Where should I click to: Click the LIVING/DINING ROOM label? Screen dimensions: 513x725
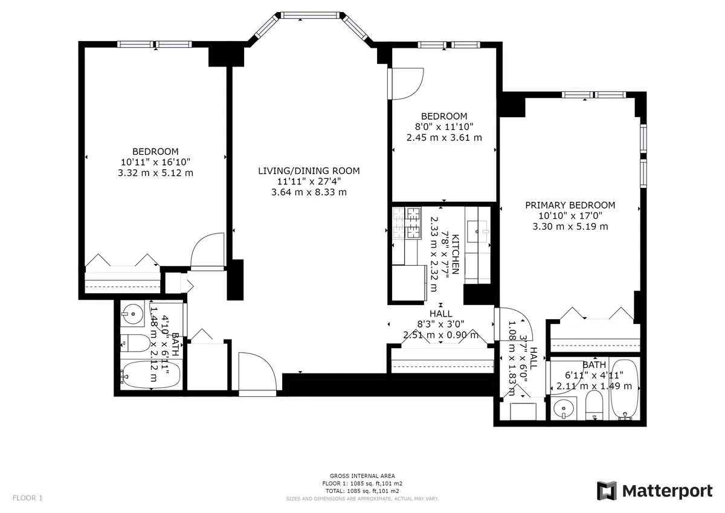tap(309, 171)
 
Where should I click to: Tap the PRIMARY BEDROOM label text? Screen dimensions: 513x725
tap(570, 205)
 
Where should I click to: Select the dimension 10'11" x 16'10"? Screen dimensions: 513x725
tap(156, 162)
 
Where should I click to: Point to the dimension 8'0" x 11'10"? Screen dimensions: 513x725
tap(444, 127)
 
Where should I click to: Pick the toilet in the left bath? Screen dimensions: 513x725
tap(136, 344)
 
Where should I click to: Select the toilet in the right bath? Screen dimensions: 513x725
tap(593, 405)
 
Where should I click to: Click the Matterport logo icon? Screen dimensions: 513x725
tap(607, 491)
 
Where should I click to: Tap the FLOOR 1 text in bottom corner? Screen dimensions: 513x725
tap(28, 498)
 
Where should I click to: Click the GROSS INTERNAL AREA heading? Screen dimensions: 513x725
tap(362, 476)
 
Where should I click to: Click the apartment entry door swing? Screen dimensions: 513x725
tap(256, 373)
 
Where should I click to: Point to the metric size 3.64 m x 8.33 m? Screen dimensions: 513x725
tap(309, 193)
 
